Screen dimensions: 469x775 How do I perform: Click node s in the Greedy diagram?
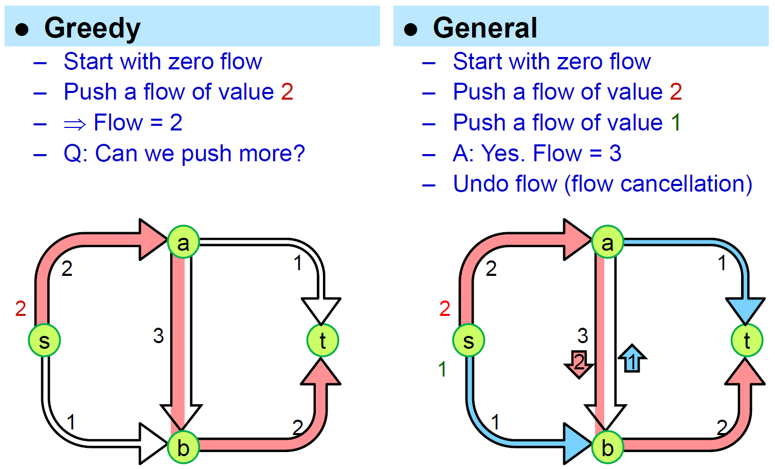[x=44, y=341]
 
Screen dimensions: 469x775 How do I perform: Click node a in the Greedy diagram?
[x=183, y=241]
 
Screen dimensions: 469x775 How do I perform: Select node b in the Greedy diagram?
[x=183, y=447]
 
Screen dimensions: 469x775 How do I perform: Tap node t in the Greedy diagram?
[x=322, y=340]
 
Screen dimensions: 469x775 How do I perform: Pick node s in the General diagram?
[x=468, y=341]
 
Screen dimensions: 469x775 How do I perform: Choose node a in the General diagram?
[x=607, y=241]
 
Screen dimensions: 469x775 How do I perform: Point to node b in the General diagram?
[x=607, y=447]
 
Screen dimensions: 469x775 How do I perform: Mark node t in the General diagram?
[x=747, y=340]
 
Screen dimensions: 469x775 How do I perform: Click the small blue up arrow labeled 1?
[x=632, y=359]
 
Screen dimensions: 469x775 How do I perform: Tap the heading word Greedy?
[x=92, y=28]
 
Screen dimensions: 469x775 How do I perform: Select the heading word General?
[x=485, y=28]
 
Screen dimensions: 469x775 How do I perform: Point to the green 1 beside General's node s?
[x=442, y=369]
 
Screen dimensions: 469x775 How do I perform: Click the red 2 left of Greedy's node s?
[x=21, y=309]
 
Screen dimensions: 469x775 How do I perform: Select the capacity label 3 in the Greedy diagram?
[x=158, y=336]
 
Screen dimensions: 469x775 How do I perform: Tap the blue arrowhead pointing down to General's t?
[x=745, y=309]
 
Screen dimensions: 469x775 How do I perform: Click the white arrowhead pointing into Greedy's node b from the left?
[x=153, y=443]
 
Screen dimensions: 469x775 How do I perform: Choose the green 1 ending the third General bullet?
[x=676, y=123]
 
